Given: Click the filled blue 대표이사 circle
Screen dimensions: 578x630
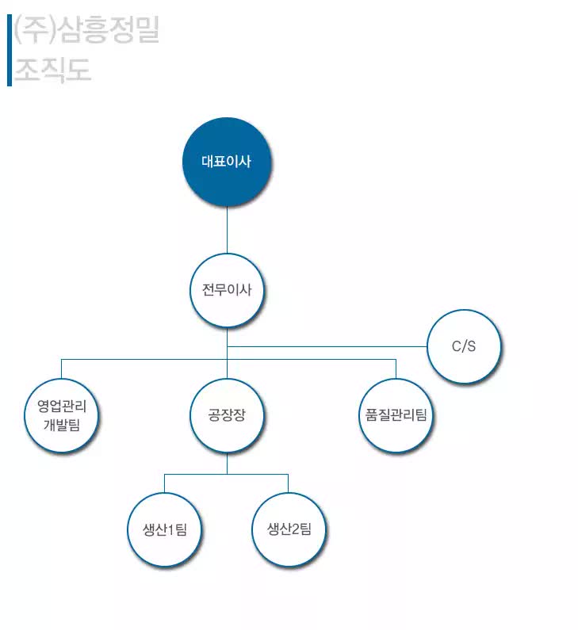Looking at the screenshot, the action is tap(227, 162).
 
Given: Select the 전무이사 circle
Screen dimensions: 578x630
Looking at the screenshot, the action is tap(227, 290).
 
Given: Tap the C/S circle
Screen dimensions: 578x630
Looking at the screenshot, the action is tap(464, 346).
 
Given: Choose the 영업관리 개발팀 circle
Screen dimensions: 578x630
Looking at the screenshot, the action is tap(62, 415).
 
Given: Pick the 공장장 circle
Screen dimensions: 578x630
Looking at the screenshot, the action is tap(227, 415).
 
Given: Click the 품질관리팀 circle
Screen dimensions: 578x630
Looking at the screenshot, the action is tap(396, 415).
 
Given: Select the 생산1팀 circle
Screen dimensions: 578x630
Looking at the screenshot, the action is tap(164, 529).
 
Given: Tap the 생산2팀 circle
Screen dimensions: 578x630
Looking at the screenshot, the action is tap(289, 529).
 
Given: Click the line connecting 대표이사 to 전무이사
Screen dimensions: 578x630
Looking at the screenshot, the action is tap(227, 230).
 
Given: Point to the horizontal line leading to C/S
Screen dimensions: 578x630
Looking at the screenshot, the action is tap(327, 346).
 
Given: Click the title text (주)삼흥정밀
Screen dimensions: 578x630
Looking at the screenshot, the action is tap(86, 29).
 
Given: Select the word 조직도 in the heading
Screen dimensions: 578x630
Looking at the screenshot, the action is tap(52, 70).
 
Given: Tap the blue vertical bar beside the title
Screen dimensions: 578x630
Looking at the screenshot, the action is tap(10, 50).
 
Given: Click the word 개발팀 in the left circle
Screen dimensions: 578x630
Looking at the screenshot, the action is tap(62, 425).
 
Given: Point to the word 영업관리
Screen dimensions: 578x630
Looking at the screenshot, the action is tap(62, 406).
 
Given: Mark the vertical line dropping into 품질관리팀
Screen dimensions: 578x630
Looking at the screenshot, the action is tap(396, 368).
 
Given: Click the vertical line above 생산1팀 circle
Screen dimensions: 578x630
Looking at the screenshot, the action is tap(164, 483).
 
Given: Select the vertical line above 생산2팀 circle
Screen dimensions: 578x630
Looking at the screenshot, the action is tap(288, 483).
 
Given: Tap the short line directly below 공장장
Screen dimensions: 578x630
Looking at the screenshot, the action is tap(227, 464).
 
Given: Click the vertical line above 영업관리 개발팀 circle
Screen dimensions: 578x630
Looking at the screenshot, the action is tap(62, 368).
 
